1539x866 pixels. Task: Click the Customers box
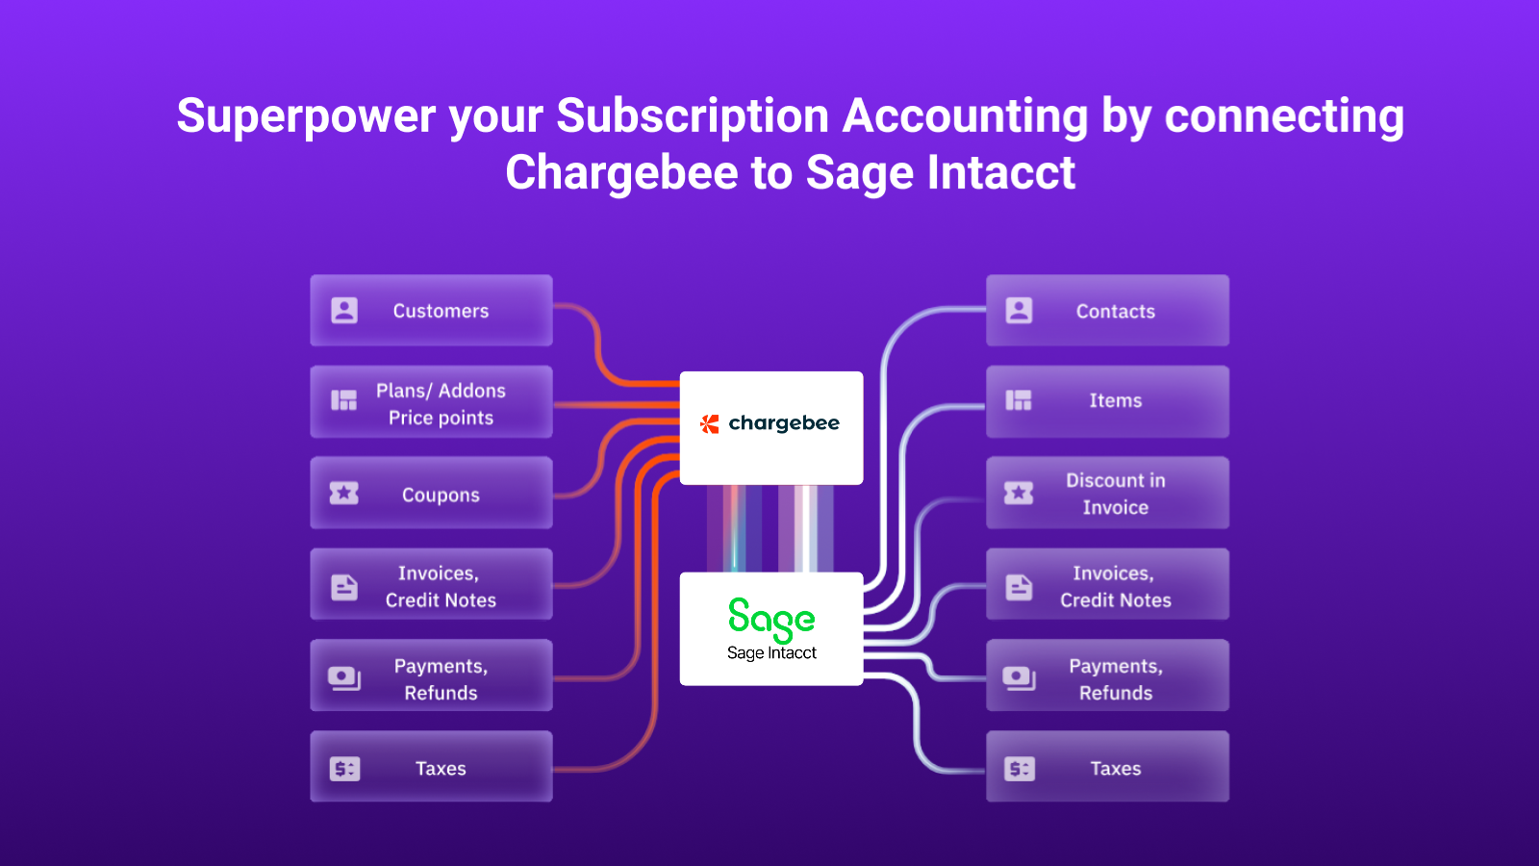pos(432,310)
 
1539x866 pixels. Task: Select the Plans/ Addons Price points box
pos(432,402)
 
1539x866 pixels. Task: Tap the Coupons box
pos(432,493)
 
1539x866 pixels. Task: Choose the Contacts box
pos(1107,310)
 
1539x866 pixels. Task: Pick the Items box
pos(1107,402)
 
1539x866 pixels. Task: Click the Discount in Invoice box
pos(1107,493)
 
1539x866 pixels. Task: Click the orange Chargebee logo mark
pos(710,424)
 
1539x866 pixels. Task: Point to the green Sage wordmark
pos(771,620)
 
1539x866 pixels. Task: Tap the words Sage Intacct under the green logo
pos(771,653)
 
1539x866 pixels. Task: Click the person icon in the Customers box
pos(344,311)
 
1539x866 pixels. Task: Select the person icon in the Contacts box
pos(1019,311)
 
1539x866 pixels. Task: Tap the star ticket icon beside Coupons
pos(344,493)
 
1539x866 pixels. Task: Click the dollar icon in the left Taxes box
pos(345,769)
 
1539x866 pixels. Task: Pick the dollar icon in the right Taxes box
pos(1020,769)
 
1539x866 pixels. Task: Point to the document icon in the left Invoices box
pos(344,588)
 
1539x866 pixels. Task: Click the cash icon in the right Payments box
pos(1019,678)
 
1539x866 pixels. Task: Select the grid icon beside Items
pos(1019,400)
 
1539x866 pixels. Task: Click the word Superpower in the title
pos(307,116)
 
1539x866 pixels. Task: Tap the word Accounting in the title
pos(966,116)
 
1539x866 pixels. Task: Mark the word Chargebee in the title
pos(621,172)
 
